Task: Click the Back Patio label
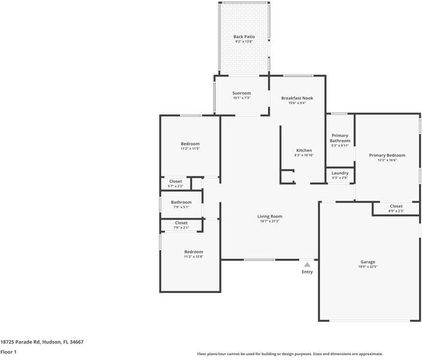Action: [244, 37]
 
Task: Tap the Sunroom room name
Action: [242, 93]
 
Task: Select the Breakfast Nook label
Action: [297, 98]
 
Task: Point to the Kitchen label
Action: [304, 150]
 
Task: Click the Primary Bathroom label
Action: [340, 138]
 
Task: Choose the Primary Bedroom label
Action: [387, 155]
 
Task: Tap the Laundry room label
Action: [340, 173]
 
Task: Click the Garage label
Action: [367, 262]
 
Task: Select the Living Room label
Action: [270, 217]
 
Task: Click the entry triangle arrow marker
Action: [307, 264]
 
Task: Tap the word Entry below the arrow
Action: [307, 272]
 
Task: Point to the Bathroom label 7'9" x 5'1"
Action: [181, 202]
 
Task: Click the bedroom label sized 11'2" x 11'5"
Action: [190, 144]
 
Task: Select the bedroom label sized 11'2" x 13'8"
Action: [193, 252]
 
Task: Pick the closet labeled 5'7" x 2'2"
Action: [176, 181]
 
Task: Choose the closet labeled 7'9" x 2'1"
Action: [181, 223]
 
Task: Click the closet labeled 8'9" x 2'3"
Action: [396, 206]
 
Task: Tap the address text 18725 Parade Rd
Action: [42, 341]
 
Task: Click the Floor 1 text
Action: [8, 352]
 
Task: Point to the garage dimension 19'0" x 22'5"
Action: [367, 267]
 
